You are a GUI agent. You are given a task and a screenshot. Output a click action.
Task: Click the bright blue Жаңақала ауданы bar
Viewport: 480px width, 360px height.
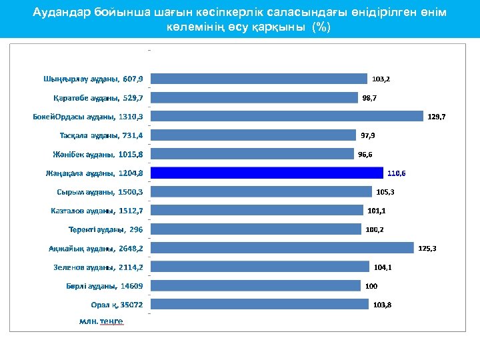point(267,173)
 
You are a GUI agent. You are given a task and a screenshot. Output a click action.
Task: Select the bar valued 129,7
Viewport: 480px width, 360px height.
point(287,116)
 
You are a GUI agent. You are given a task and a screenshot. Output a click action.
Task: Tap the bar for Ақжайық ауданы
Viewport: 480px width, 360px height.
point(283,248)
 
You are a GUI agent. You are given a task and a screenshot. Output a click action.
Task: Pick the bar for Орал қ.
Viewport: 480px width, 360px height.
point(259,304)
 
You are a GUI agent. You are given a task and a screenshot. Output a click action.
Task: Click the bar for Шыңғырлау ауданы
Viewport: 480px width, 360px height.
point(259,79)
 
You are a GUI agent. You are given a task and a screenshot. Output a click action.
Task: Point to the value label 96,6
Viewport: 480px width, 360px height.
point(365,154)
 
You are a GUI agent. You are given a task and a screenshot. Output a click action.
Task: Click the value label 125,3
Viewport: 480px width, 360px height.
point(427,249)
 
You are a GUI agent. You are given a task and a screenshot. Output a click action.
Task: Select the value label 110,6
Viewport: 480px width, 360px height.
point(396,173)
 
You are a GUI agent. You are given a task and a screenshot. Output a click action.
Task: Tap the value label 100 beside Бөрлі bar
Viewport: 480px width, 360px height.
point(371,286)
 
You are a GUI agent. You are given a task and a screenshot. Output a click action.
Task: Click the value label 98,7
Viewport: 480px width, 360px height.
point(369,98)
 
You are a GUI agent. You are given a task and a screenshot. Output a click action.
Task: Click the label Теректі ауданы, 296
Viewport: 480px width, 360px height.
point(105,229)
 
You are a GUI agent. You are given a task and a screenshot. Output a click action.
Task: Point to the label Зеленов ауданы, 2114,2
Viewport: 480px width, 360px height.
point(98,267)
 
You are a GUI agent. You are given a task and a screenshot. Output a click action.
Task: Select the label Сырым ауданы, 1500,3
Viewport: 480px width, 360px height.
point(100,192)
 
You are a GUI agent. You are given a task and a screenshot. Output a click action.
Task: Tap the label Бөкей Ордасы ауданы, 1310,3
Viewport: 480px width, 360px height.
point(88,117)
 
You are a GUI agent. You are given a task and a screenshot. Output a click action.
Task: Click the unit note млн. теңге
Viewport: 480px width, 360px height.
point(101,321)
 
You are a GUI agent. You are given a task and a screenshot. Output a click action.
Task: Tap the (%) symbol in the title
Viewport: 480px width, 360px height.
point(322,27)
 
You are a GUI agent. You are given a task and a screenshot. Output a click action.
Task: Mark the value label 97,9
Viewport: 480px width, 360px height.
point(368,135)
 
